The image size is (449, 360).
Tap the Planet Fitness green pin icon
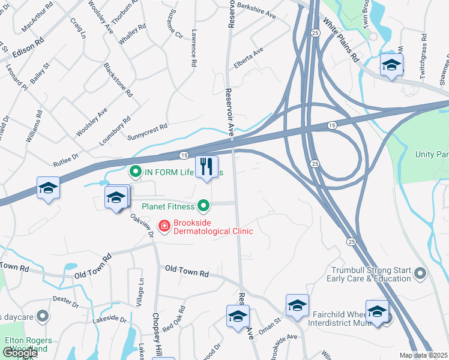[x=204, y=206]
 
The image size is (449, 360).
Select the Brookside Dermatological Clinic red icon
[x=163, y=226]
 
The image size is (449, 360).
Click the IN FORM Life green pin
[x=135, y=172]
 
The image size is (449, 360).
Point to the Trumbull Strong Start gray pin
[x=420, y=274]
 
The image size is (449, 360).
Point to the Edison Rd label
[x=28, y=49]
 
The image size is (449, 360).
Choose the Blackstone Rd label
[x=118, y=79]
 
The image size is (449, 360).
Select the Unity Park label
[x=432, y=154]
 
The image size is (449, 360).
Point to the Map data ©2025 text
[x=424, y=355]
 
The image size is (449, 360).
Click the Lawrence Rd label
[x=194, y=48]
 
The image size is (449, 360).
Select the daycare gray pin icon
[x=42, y=315]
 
